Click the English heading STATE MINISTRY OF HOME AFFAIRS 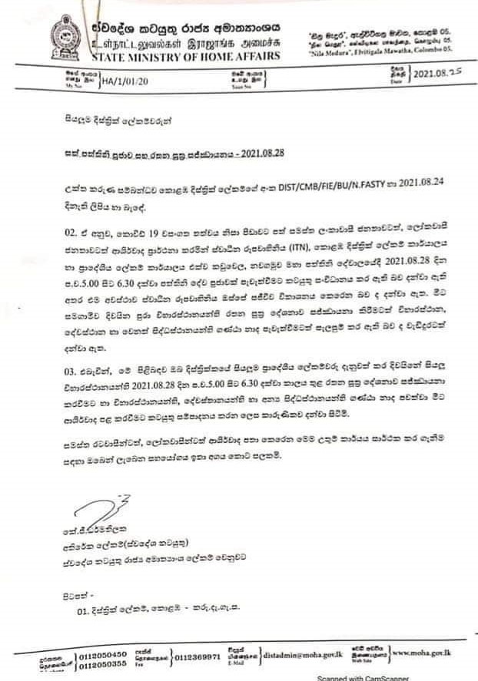[185, 54]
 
